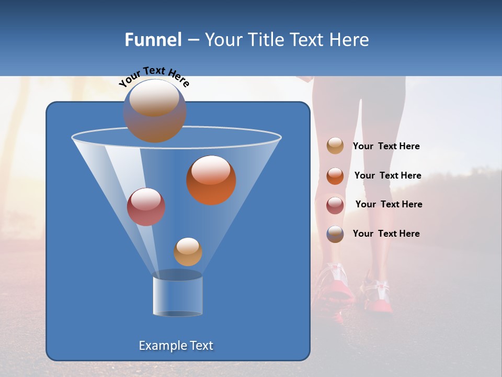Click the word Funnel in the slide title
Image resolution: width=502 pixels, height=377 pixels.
(x=153, y=40)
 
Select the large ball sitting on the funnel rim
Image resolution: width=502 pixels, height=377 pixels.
(x=154, y=110)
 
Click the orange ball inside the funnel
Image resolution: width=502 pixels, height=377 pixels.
(x=211, y=180)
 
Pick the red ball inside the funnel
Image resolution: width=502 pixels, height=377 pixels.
(x=146, y=207)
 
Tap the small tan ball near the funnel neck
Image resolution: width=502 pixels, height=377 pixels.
(x=188, y=252)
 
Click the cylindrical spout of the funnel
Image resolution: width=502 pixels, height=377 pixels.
(x=177, y=295)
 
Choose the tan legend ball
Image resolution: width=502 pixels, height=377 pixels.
(x=335, y=146)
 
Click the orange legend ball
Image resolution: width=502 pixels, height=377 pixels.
(x=335, y=176)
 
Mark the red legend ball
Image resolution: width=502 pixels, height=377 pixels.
(x=335, y=205)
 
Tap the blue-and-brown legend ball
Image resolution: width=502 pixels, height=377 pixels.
(x=335, y=234)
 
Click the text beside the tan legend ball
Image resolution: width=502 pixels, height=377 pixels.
(x=386, y=147)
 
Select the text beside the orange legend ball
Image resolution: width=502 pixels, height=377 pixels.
(x=387, y=175)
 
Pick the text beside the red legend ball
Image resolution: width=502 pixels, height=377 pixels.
(x=389, y=204)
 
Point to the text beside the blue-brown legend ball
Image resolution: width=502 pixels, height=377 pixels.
(x=386, y=234)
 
